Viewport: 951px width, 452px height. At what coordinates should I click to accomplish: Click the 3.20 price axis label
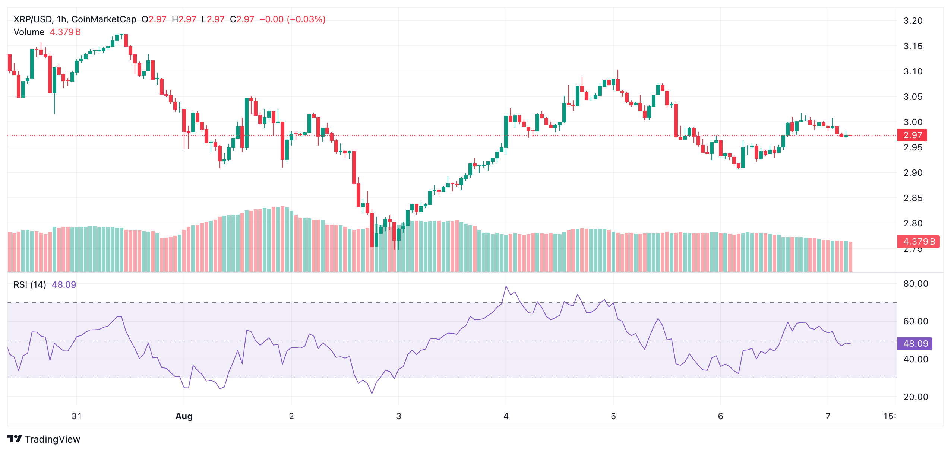click(913, 21)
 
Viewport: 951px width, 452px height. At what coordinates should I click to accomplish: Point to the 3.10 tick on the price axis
click(913, 71)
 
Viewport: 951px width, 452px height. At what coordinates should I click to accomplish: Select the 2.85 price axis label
click(913, 198)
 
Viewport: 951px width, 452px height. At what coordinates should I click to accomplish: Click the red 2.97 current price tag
click(912, 135)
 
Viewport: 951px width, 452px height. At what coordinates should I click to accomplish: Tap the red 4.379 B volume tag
click(918, 242)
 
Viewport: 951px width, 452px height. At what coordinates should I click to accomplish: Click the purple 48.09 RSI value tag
click(915, 344)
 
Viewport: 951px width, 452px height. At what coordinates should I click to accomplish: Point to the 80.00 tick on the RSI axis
click(915, 284)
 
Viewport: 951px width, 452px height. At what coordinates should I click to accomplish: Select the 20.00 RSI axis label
click(915, 397)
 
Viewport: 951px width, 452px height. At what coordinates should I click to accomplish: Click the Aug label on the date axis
click(184, 416)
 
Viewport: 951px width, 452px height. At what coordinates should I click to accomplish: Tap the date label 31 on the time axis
click(76, 416)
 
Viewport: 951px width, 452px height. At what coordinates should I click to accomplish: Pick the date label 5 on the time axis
click(613, 416)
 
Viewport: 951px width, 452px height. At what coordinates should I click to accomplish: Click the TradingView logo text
click(52, 439)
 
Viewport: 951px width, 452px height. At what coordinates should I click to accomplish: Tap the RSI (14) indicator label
click(30, 285)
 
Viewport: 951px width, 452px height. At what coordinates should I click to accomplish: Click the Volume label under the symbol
click(29, 32)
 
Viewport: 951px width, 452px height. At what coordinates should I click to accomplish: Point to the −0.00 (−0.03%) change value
click(293, 19)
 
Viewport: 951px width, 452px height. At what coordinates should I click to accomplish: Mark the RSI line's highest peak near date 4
click(506, 286)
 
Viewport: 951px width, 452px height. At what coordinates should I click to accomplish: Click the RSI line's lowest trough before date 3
click(372, 393)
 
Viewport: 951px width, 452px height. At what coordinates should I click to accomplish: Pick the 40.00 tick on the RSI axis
click(915, 359)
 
